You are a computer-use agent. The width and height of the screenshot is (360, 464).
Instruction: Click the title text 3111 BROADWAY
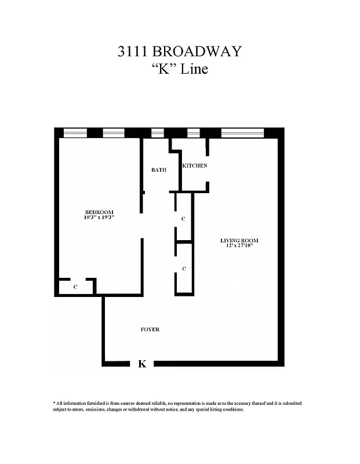(x=179, y=52)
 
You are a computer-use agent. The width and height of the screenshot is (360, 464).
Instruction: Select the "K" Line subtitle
(x=179, y=70)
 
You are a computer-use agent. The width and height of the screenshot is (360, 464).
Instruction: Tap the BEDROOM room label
(x=99, y=212)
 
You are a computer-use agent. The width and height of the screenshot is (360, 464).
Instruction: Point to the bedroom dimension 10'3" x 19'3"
(x=99, y=217)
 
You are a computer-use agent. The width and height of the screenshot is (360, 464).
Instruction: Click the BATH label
(x=159, y=170)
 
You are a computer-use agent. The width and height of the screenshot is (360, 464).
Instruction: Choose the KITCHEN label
(x=195, y=166)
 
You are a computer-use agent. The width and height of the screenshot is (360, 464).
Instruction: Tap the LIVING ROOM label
(x=239, y=240)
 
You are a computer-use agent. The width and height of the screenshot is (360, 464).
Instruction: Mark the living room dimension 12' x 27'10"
(x=239, y=246)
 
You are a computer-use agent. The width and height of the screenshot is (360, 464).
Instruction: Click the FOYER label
(x=150, y=329)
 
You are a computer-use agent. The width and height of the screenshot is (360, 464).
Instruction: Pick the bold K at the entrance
(x=142, y=364)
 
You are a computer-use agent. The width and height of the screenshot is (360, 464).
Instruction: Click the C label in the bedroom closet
(x=75, y=287)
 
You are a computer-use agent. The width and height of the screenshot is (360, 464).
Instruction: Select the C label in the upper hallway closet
(x=183, y=219)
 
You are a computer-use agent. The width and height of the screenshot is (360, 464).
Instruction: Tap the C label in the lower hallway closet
(x=184, y=269)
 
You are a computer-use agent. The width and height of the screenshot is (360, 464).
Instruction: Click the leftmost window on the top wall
(x=75, y=133)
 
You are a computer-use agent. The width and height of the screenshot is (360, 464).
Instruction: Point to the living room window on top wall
(x=243, y=133)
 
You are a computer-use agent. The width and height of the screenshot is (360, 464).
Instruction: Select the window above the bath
(x=158, y=133)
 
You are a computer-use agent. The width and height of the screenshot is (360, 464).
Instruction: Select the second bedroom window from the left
(x=114, y=133)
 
